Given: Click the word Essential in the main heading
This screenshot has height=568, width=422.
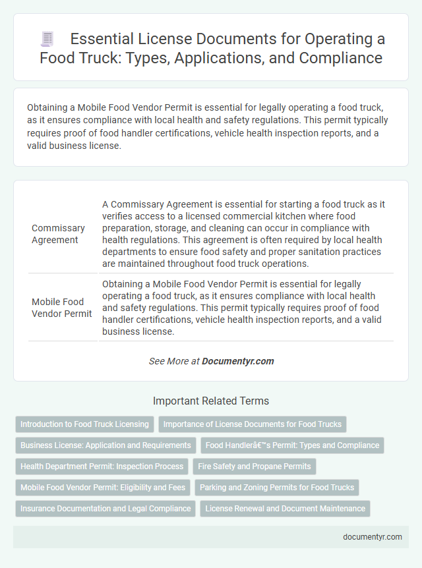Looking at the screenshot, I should (101, 40).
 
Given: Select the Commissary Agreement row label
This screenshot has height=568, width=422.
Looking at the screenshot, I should (58, 234).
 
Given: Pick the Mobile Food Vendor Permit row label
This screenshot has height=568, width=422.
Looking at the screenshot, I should (62, 308).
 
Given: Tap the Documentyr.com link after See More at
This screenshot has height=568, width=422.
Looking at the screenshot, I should (237, 361).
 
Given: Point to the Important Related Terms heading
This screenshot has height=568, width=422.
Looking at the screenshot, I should (211, 401).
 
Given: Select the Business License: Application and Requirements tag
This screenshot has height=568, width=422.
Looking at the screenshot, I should (105, 445).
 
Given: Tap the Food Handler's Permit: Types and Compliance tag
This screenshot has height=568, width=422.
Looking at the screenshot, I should (292, 445).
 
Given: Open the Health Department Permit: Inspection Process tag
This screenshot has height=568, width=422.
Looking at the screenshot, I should (102, 467).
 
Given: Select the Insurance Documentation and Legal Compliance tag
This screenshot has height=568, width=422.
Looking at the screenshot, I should (105, 509).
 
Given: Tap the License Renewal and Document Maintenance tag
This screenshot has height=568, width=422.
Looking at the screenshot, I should (285, 509).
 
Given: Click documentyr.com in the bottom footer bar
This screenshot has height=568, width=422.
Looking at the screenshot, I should (373, 536).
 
